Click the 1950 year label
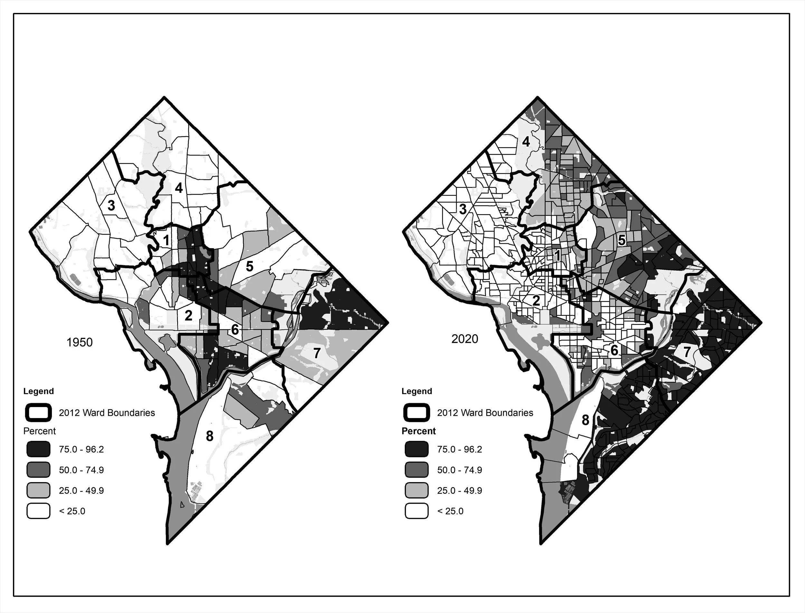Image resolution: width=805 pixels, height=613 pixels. (80, 342)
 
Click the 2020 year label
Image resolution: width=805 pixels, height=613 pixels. (464, 339)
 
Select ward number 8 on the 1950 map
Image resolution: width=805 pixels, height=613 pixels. (209, 436)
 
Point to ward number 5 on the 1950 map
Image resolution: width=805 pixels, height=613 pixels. (249, 266)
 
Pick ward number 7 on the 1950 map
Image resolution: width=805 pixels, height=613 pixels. (317, 353)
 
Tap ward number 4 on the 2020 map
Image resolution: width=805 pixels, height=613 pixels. (526, 141)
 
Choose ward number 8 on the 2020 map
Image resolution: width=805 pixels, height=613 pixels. (585, 420)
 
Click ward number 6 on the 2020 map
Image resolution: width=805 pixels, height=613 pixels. (614, 350)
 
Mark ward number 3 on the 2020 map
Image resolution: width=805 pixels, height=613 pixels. (463, 209)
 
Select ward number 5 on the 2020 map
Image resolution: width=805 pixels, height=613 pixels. (621, 240)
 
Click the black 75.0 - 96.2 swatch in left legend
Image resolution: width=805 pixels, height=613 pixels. (38, 449)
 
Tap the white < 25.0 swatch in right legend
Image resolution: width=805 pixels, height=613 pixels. (416, 511)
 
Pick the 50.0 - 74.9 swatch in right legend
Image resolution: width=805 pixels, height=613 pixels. (416, 470)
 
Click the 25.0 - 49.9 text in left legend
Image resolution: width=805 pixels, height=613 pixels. (81, 491)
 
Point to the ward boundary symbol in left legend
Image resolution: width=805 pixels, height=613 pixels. (38, 413)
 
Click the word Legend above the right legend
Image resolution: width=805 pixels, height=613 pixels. (416, 391)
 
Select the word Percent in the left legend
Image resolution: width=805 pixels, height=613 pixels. (39, 431)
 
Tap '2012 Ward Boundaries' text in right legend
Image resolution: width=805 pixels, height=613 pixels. (485, 413)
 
